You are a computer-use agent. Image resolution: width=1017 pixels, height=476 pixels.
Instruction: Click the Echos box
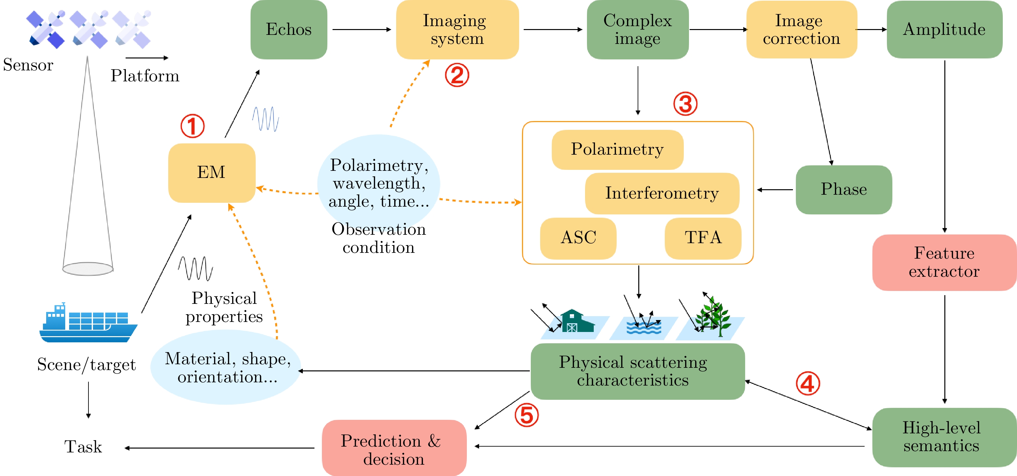pyautogui.click(x=289, y=30)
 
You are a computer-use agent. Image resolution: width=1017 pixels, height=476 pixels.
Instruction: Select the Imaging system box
pyautogui.click(x=457, y=30)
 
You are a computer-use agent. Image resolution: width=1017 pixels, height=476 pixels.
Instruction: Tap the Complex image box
pyautogui.click(x=637, y=30)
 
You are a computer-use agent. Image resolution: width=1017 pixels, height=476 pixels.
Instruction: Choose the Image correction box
pyautogui.click(x=801, y=30)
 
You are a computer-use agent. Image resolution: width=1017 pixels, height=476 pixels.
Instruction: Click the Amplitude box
pyautogui.click(x=944, y=30)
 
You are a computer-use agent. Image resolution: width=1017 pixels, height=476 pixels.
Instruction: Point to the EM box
pyautogui.click(x=211, y=173)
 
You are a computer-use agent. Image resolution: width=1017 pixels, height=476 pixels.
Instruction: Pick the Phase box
pyautogui.click(x=844, y=190)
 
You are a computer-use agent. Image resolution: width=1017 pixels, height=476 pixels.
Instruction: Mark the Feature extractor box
pyautogui.click(x=944, y=262)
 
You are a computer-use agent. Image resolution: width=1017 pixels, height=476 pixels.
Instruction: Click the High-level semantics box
pyautogui.click(x=944, y=437)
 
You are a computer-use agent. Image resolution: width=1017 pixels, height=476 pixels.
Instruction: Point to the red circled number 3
pyautogui.click(x=685, y=104)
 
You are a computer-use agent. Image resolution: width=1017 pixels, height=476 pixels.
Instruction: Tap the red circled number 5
pyautogui.click(x=527, y=415)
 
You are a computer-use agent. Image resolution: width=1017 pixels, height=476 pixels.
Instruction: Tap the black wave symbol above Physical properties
pyautogui.click(x=195, y=269)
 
